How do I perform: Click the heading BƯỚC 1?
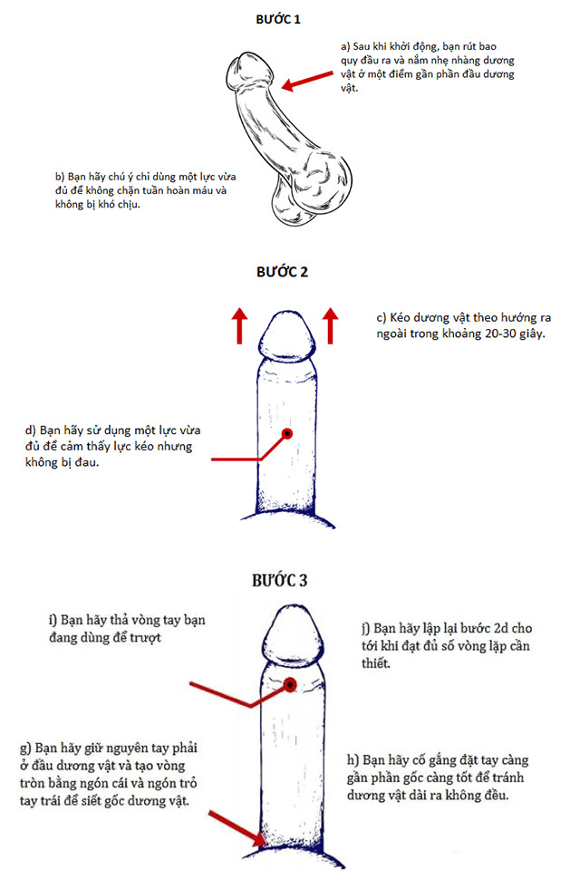pos(284,18)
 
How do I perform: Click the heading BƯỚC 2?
pos(284,272)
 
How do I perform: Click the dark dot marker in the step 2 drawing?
pos(287,434)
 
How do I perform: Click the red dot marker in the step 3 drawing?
pos(291,684)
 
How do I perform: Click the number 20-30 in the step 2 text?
pos(482,335)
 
